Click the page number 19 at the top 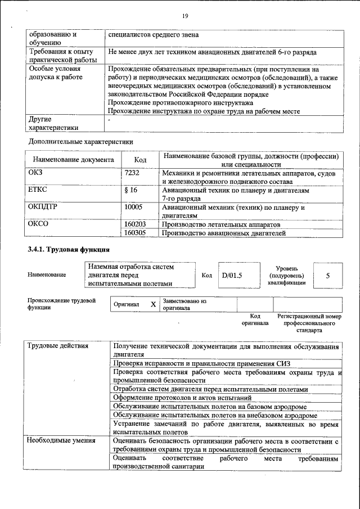(184, 16)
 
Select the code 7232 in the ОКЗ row (132, 174)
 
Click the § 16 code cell (130, 190)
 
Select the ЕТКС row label (37, 190)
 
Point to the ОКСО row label (38, 224)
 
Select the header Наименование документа (73, 160)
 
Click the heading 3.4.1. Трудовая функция (69, 249)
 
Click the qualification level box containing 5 (327, 276)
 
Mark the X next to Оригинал (152, 304)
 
